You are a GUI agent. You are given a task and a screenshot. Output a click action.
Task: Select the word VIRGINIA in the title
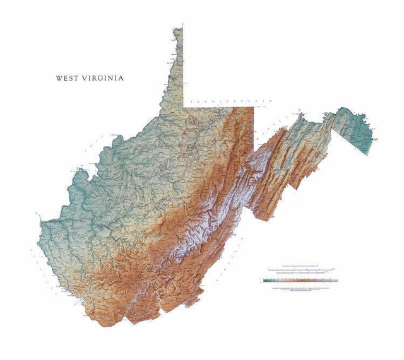(x=102, y=78)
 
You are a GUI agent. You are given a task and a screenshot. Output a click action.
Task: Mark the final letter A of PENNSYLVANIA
(x=270, y=100)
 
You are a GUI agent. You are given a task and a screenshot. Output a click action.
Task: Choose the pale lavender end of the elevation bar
(x=335, y=280)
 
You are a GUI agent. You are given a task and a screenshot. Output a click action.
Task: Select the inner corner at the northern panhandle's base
(x=184, y=106)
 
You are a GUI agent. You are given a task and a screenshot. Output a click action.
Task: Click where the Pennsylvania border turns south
(x=254, y=107)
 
